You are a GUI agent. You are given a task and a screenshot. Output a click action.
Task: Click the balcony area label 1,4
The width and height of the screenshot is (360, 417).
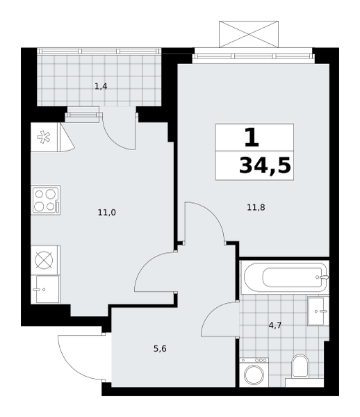point(101,86)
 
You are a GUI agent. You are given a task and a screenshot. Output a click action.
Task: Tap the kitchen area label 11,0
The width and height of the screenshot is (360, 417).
point(107,213)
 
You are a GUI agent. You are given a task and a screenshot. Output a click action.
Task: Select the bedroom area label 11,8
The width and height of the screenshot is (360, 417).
point(256,207)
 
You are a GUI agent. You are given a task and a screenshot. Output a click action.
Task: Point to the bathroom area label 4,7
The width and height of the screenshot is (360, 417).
point(275,325)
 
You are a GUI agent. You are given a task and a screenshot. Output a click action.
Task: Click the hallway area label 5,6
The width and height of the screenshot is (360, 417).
point(160,348)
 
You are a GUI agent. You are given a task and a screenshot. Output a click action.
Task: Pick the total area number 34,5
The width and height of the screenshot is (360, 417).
point(265,165)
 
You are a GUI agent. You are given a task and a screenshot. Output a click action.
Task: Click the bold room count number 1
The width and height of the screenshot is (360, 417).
point(252,137)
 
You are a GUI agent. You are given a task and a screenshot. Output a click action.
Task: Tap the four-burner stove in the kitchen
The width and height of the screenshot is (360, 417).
point(46,200)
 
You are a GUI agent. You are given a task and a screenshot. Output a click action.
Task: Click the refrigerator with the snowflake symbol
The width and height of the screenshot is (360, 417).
point(44,137)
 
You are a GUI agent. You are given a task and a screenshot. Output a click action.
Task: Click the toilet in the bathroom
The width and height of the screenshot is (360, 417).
point(300,367)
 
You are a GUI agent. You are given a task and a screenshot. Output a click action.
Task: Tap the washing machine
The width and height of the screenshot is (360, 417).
point(254,373)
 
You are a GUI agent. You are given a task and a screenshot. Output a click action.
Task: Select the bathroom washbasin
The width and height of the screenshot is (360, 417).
point(318,311)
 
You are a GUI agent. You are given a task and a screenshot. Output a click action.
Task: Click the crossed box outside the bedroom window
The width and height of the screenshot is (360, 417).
point(249,34)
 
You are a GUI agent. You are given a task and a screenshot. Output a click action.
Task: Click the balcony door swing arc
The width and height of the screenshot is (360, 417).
point(115,137)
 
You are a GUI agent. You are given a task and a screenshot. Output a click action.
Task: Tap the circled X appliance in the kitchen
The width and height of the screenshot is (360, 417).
point(44,260)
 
